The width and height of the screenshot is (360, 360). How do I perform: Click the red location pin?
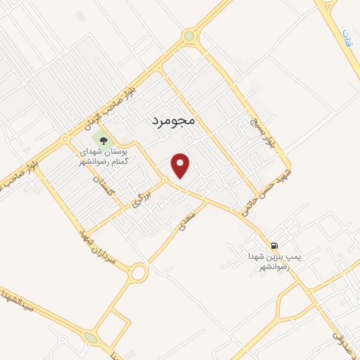pos(181,165)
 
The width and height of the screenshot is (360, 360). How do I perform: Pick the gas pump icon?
pos(274,245)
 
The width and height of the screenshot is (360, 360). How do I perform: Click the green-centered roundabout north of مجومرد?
pos(188,36)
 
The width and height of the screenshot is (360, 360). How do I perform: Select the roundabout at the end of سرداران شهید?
pos(139,271)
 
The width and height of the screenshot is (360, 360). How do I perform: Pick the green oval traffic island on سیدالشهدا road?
pos(91,338)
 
